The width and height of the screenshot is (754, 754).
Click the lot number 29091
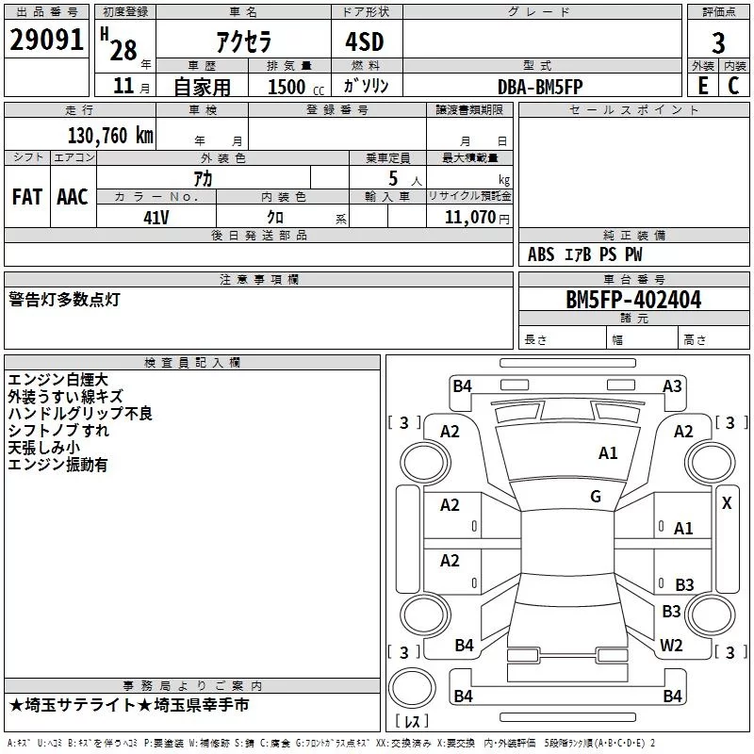(x=47, y=42)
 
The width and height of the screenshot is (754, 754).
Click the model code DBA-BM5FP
(x=540, y=86)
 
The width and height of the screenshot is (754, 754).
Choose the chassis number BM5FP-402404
(x=620, y=300)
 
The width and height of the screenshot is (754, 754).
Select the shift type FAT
(x=27, y=197)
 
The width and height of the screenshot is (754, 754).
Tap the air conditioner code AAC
(x=73, y=197)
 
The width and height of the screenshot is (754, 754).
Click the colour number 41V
(x=156, y=217)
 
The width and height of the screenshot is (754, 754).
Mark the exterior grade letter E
(x=702, y=85)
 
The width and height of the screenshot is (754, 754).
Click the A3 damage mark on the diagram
(x=672, y=385)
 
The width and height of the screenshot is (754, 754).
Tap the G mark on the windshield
(x=596, y=497)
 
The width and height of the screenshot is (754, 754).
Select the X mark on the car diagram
(x=727, y=503)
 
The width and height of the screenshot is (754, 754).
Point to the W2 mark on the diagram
(x=671, y=646)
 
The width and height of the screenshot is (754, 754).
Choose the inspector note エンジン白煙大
(x=57, y=380)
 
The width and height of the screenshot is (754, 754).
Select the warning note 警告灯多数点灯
(x=64, y=300)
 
